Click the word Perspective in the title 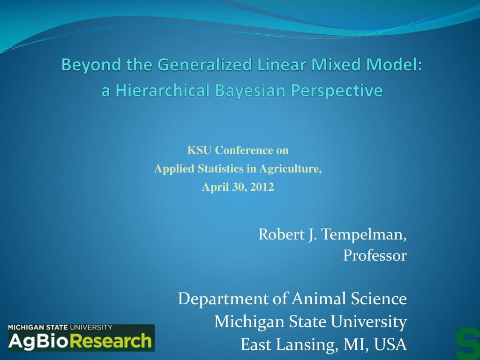335,90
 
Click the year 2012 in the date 262,187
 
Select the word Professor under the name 375,255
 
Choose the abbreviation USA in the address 391,345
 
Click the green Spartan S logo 467,343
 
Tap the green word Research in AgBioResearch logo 114,341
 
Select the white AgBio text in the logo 41,341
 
